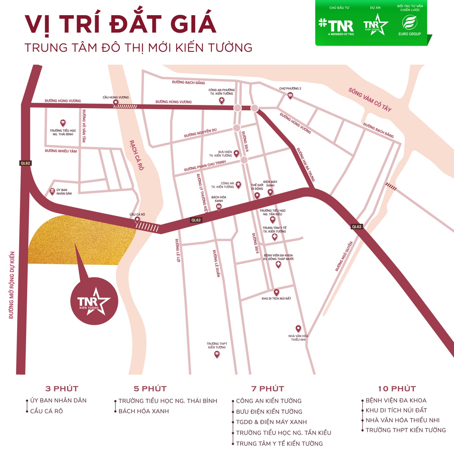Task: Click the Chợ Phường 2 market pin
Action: click(290, 96)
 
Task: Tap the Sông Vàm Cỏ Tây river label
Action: click(370, 100)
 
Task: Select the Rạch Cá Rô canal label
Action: click(137, 155)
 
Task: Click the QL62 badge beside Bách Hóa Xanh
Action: click(196, 220)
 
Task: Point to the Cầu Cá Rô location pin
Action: click(137, 220)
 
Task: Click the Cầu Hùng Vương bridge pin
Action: click(115, 103)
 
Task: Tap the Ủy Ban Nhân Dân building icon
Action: click(52, 191)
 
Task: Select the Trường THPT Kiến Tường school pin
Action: click(217, 354)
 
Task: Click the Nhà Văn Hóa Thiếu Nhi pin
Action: click(298, 328)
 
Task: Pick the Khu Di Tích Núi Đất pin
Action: click(276, 292)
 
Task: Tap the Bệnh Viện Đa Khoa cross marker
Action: click(278, 265)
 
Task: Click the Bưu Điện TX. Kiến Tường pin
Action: click(236, 153)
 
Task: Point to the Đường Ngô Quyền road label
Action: click(344, 256)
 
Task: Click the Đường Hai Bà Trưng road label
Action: click(306, 165)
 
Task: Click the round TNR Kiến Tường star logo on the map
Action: click(94, 301)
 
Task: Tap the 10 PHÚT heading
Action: click(397, 389)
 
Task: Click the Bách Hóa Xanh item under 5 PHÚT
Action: click(143, 411)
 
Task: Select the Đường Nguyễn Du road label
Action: click(200, 133)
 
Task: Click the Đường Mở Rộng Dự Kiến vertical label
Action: click(12, 285)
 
